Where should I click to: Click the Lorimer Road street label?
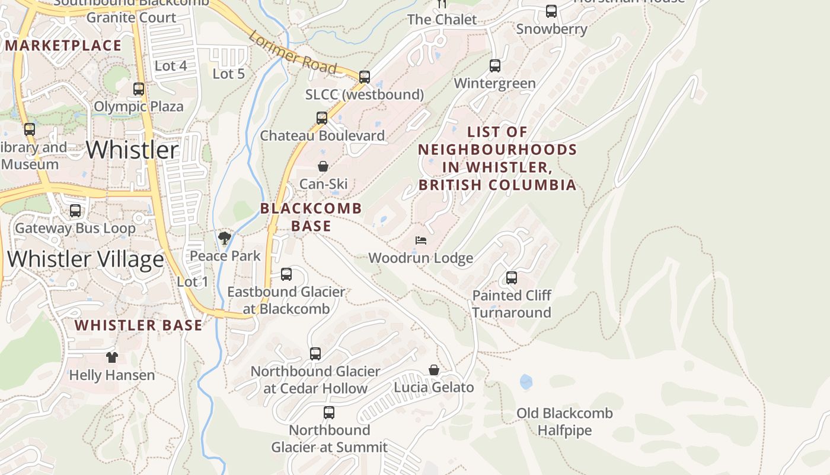pyautogui.click(x=293, y=53)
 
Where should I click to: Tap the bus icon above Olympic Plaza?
pyautogui.click(x=139, y=89)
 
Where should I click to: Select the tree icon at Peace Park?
pyautogui.click(x=225, y=239)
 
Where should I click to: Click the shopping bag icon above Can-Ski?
pyautogui.click(x=323, y=166)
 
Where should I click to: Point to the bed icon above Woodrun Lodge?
pyautogui.click(x=421, y=240)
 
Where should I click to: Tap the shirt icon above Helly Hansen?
pyautogui.click(x=112, y=357)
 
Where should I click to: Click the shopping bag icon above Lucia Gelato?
pyautogui.click(x=434, y=370)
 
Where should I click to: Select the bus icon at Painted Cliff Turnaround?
pyautogui.click(x=512, y=277)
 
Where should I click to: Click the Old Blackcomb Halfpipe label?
pyautogui.click(x=564, y=422)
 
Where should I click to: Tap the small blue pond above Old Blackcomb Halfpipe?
pyautogui.click(x=526, y=382)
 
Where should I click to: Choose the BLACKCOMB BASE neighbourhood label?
pyautogui.click(x=311, y=217)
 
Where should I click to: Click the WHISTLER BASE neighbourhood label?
pyautogui.click(x=139, y=325)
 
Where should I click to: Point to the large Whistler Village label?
pyautogui.click(x=85, y=259)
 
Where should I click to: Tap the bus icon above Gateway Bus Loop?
pyautogui.click(x=75, y=211)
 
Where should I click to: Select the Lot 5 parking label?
pyautogui.click(x=228, y=74)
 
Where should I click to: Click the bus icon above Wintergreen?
pyautogui.click(x=495, y=66)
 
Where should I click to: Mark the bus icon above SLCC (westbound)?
pyautogui.click(x=365, y=77)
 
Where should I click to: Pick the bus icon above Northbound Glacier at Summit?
pyautogui.click(x=329, y=412)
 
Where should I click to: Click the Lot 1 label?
pyautogui.click(x=193, y=281)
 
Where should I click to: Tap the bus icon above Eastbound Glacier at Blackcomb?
pyautogui.click(x=286, y=274)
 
